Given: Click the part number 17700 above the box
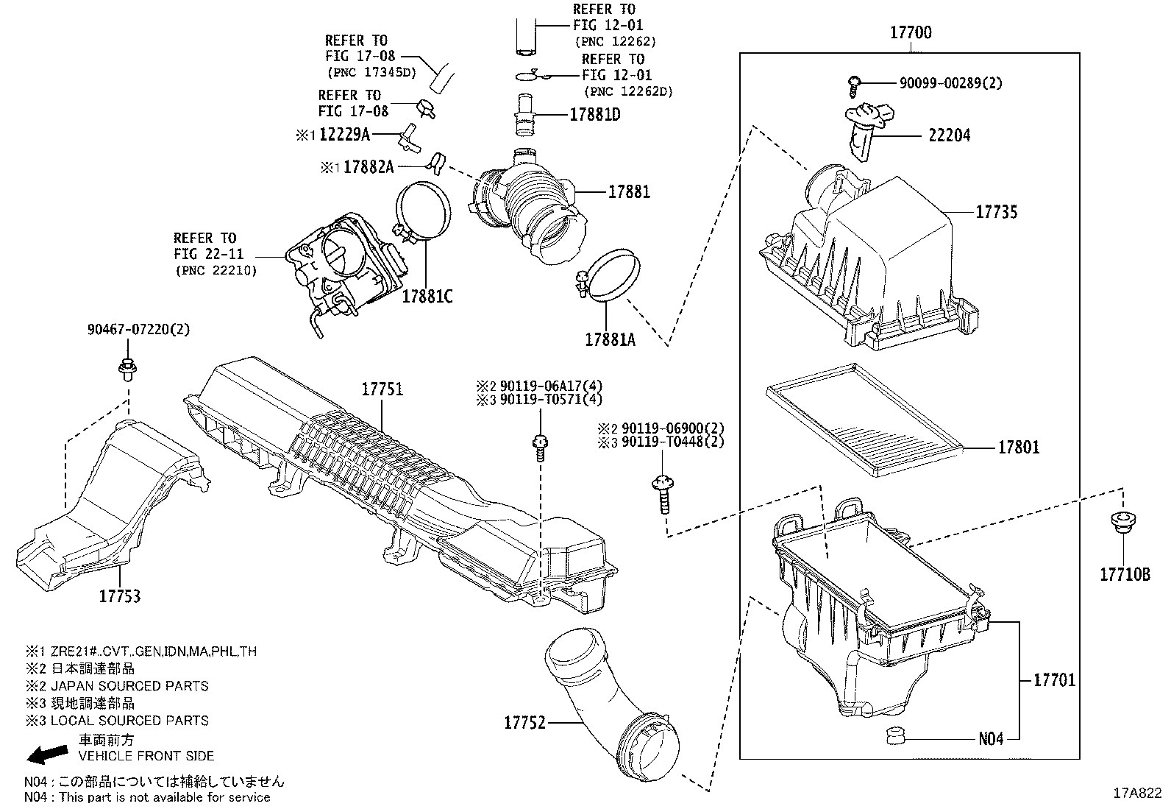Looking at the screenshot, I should [x=911, y=32].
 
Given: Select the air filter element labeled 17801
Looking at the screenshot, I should [x=864, y=420].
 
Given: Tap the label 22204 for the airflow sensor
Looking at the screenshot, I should [x=948, y=135].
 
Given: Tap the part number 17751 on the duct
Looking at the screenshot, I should [x=382, y=389].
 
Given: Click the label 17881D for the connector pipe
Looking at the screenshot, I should [x=595, y=115].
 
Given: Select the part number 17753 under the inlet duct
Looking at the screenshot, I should [x=120, y=596].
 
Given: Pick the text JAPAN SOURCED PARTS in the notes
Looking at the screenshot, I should [x=129, y=686].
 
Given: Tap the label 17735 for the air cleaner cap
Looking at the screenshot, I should [x=996, y=212].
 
